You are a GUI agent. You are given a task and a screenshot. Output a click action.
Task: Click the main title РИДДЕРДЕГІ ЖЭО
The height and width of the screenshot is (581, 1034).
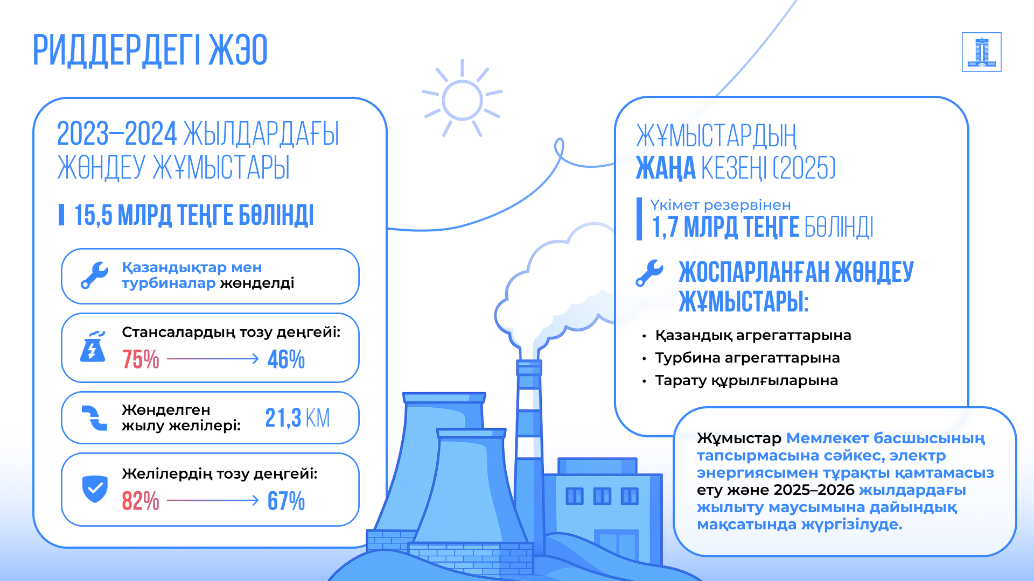(150, 50)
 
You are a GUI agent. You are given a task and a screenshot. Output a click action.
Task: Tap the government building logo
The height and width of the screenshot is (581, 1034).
(981, 52)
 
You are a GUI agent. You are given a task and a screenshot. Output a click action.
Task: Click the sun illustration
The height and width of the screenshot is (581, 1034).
(462, 99)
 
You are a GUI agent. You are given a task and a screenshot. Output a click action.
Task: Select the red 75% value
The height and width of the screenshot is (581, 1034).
(141, 359)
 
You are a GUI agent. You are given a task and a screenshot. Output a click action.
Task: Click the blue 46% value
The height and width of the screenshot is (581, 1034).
(286, 359)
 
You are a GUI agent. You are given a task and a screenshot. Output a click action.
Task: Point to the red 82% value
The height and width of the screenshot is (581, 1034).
(141, 501)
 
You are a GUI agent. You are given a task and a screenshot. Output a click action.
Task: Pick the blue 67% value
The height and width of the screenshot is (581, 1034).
(286, 501)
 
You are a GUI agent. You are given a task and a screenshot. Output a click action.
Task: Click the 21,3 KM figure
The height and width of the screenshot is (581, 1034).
(297, 417)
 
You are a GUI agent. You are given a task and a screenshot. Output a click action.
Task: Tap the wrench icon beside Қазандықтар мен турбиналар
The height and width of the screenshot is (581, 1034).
(95, 275)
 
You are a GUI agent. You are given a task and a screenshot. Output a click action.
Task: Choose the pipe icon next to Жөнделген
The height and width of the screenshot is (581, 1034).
(95, 418)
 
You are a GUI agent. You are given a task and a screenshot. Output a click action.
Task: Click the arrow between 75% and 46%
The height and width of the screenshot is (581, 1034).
(213, 358)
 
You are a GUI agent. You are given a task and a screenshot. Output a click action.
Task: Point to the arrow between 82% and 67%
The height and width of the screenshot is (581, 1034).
(213, 500)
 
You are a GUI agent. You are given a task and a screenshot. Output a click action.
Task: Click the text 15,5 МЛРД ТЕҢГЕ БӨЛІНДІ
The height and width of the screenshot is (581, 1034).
(194, 215)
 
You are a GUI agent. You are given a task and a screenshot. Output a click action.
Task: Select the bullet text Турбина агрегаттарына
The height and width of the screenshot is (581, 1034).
(747, 358)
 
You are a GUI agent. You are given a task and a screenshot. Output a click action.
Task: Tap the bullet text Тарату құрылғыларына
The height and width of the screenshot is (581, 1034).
(746, 381)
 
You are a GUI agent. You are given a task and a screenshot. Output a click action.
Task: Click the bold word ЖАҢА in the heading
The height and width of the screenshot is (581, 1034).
(666, 168)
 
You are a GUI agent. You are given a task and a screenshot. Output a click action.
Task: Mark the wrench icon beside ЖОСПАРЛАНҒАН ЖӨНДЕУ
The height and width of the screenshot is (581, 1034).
(649, 273)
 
